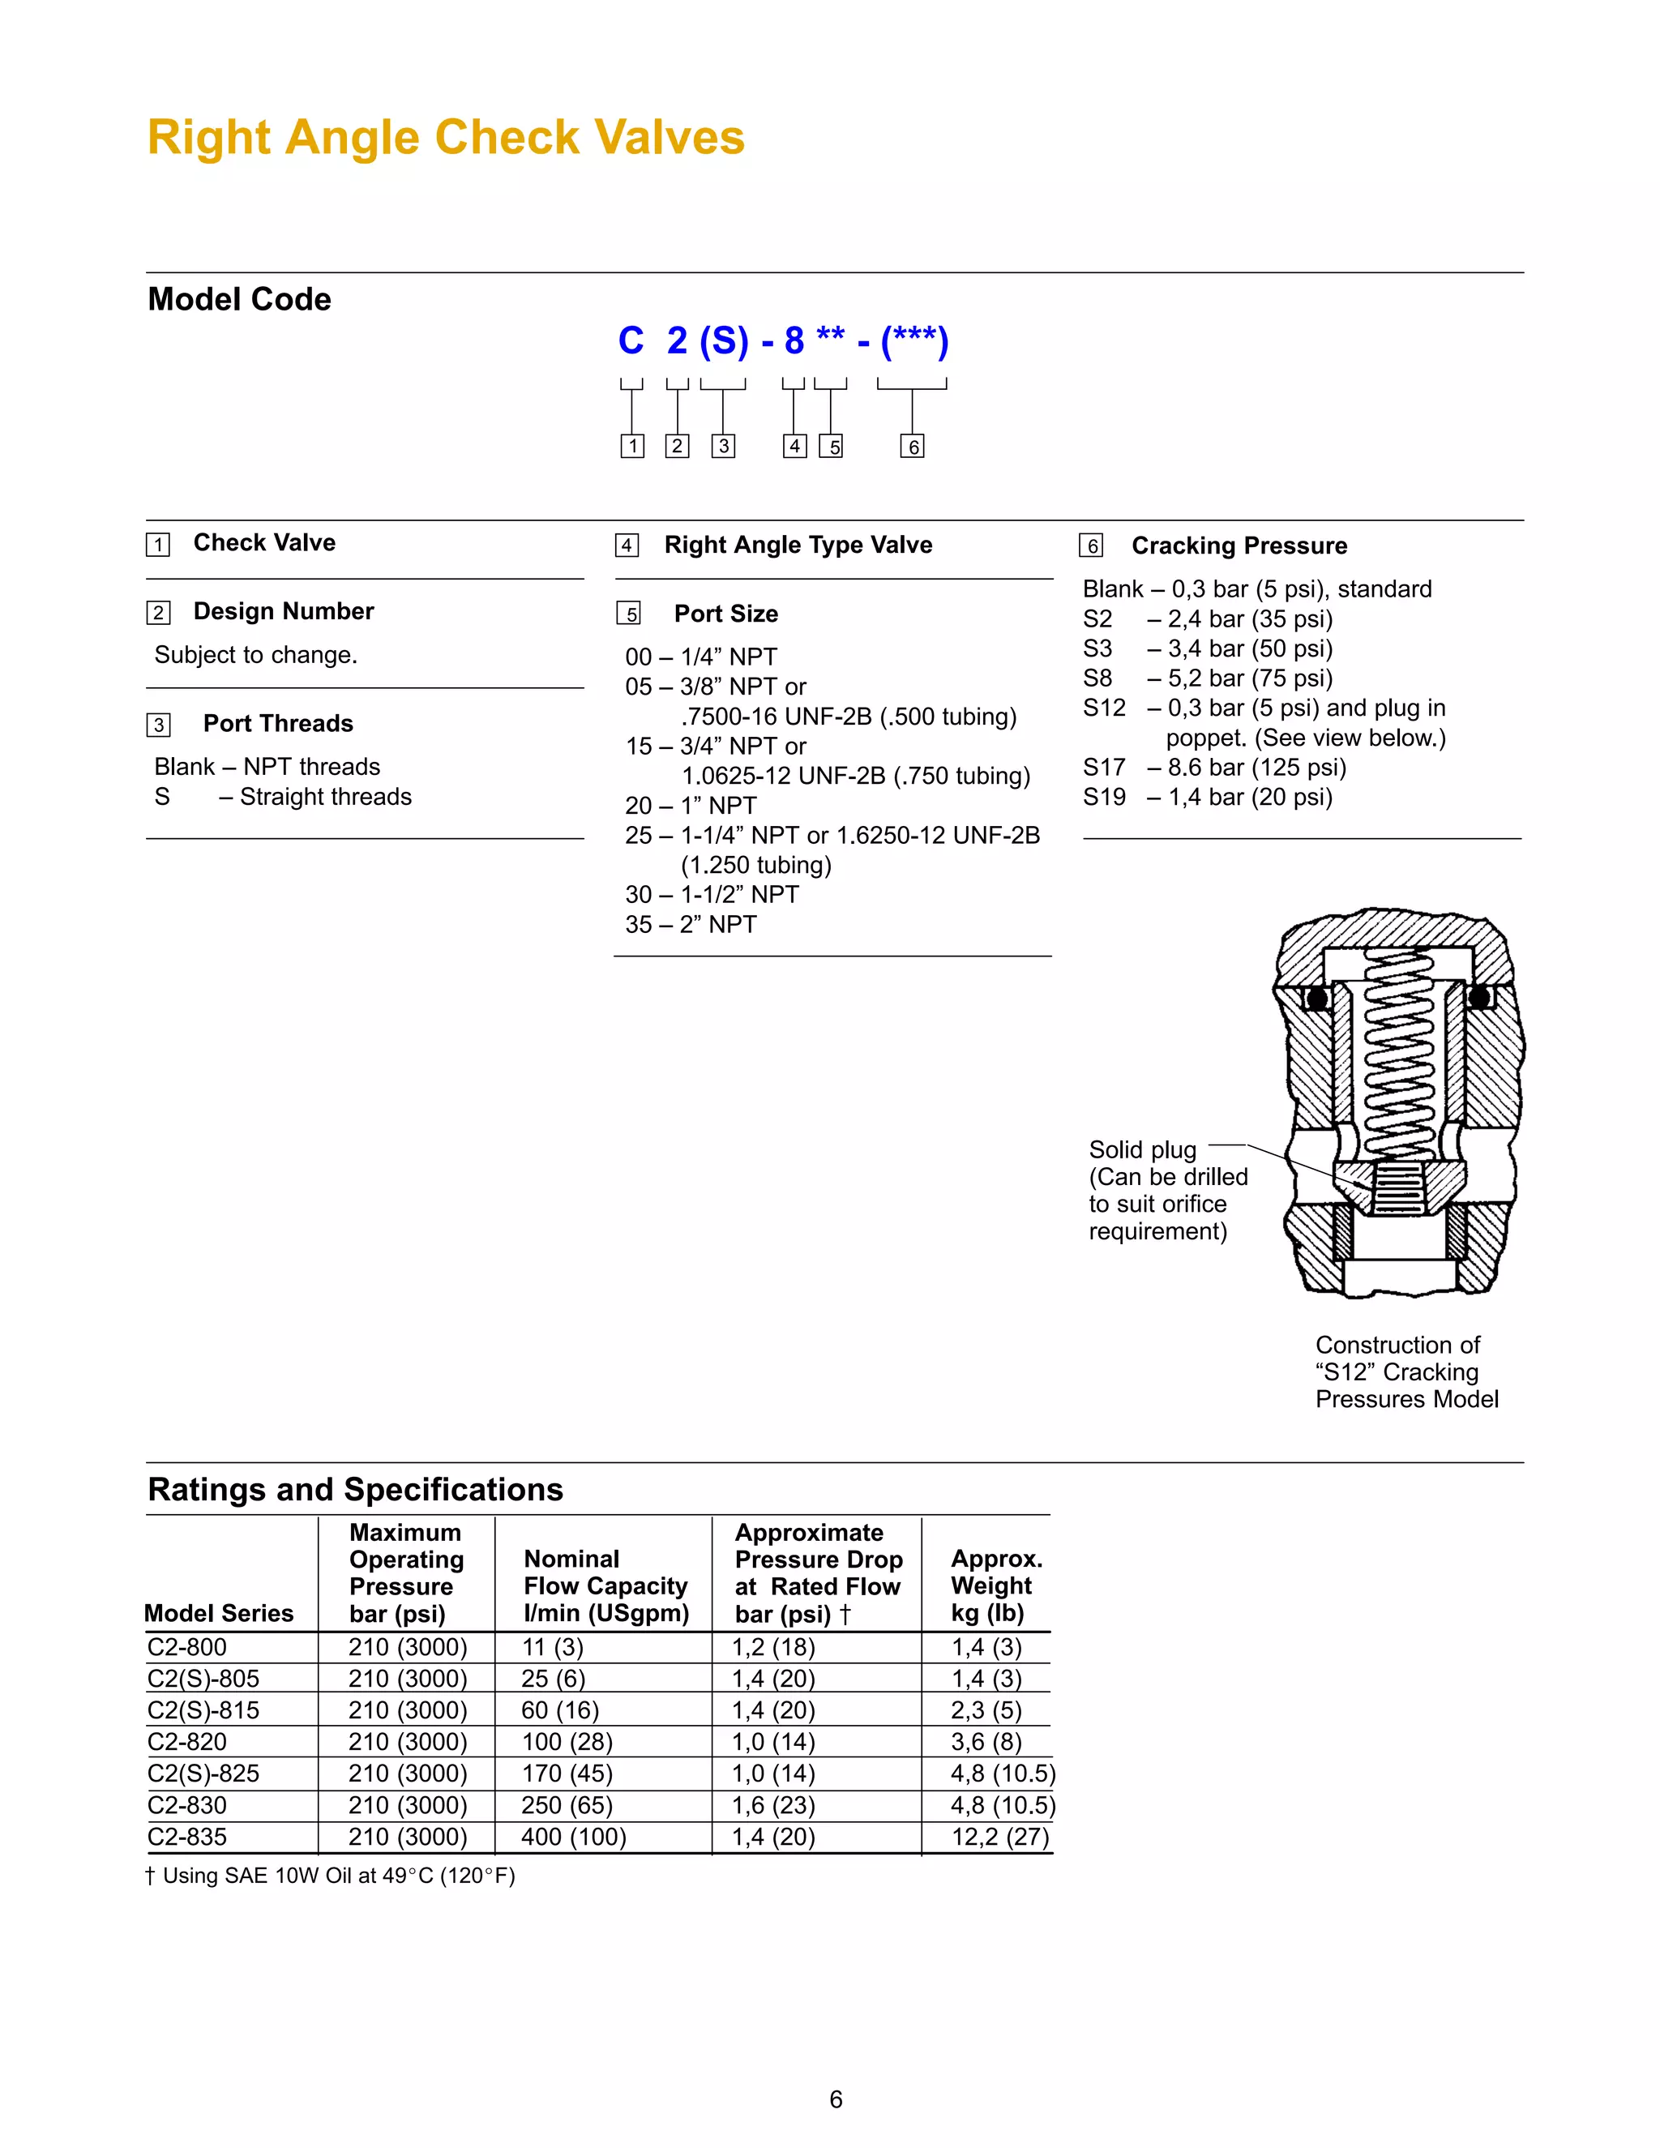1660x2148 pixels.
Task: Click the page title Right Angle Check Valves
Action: coord(446,138)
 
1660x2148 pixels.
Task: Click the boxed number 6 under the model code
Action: coord(912,447)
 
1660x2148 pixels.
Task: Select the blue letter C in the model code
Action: coord(631,341)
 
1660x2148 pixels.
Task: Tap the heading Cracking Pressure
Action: coord(1239,546)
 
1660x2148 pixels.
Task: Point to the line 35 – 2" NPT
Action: coord(691,925)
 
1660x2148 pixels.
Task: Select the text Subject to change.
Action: coord(255,655)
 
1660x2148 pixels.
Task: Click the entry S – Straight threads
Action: coord(283,797)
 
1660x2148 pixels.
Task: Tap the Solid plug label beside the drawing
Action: coord(1142,1149)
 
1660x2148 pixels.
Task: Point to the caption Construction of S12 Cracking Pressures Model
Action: coord(1405,1372)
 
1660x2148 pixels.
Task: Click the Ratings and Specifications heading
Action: coord(355,1490)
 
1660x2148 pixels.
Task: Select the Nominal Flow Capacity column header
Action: coord(605,1585)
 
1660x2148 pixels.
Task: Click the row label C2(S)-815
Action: coord(203,1710)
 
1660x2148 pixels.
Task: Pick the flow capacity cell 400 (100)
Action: coord(573,1838)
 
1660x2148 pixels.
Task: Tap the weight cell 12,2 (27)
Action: coord(1000,1838)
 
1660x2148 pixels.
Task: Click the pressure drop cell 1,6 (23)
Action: coord(773,1806)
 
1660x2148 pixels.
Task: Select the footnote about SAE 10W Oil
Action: coord(331,1876)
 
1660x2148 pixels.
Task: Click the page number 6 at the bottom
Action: coord(836,2100)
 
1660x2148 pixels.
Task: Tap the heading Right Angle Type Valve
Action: coord(798,545)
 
